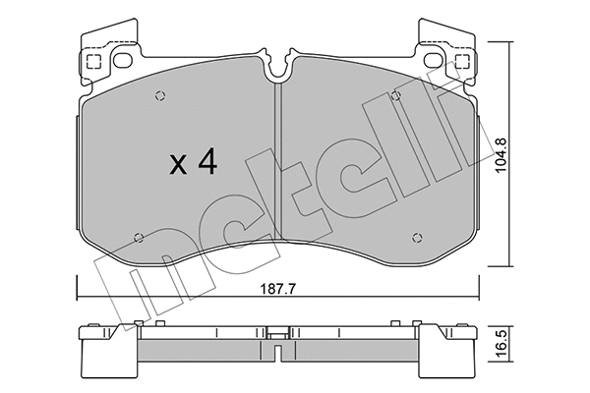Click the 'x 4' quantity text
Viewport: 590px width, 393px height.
click(x=192, y=163)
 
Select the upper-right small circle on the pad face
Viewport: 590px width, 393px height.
click(x=395, y=96)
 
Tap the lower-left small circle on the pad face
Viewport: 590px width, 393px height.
click(x=139, y=237)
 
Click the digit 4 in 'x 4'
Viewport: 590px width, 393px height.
click(x=206, y=163)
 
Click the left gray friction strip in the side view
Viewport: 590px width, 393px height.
click(x=197, y=352)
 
